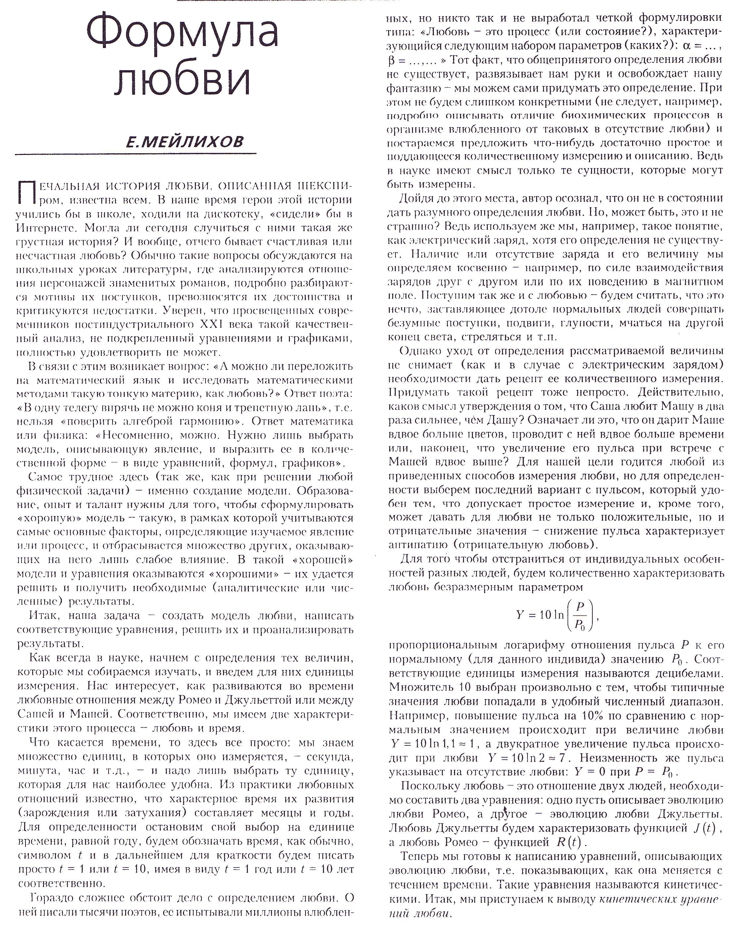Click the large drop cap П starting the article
[25, 192]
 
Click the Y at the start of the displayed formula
[520, 615]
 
